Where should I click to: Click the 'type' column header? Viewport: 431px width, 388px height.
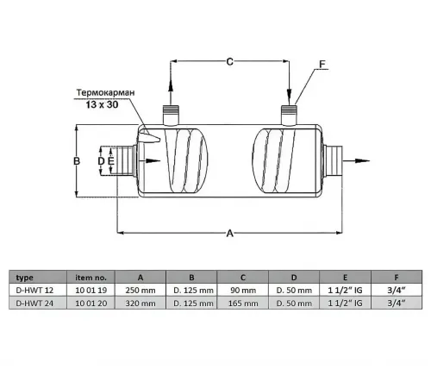tap(25, 277)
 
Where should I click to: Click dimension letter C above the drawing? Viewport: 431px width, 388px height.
tap(230, 61)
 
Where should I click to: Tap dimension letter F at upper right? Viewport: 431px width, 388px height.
tap(322, 64)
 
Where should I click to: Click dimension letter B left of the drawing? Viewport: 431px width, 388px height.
tap(76, 161)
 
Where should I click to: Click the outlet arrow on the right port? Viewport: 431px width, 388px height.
tap(362, 160)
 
